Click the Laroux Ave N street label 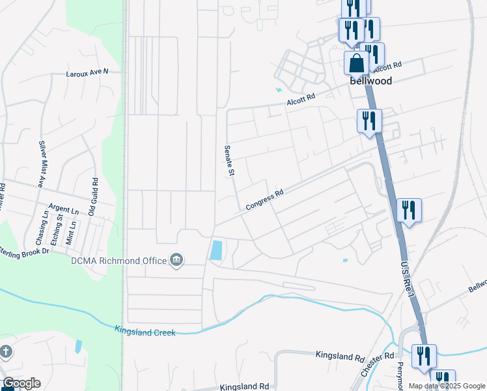pos(87,73)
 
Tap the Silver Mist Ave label pos(40,164)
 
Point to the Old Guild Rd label pos(93,197)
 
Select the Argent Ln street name pos(65,211)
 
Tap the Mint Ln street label pos(73,232)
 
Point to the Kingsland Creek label pos(145,332)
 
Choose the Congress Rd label pos(265,200)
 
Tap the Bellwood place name pos(370,81)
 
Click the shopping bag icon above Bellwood pos(356,64)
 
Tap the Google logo pos(21,383)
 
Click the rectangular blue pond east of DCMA pos(216,250)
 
